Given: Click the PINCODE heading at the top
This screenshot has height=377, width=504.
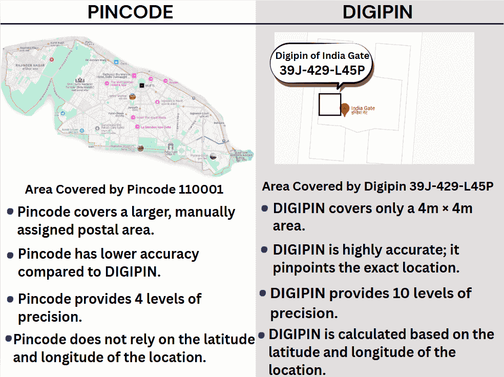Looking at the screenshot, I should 130,12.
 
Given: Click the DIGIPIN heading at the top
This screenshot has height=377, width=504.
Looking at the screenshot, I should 377,12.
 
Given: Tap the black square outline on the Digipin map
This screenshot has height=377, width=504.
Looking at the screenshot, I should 329,104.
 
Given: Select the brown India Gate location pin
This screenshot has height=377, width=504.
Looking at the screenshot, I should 346,109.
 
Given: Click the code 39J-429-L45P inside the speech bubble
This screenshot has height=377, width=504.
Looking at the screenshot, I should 322,70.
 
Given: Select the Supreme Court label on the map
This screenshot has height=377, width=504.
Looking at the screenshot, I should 199,113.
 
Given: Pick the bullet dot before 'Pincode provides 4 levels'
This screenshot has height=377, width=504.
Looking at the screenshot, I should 10,297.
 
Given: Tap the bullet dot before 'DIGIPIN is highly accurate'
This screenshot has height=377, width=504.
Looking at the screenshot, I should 264,249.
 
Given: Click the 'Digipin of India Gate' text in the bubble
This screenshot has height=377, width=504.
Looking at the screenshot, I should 322,56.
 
